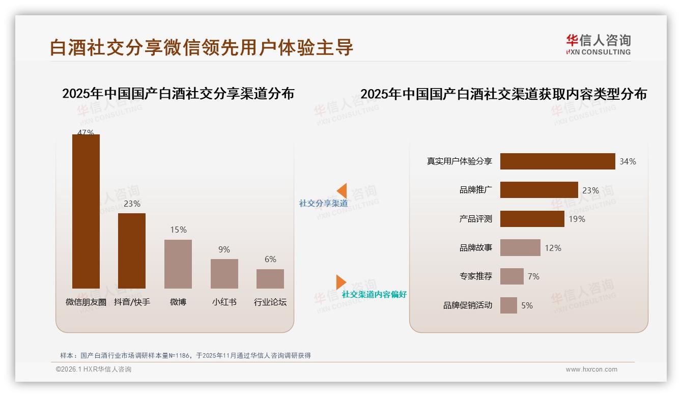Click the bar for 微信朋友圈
pyautogui.click(x=86, y=211)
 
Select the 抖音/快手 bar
pyautogui.click(x=132, y=250)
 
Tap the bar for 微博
pyautogui.click(x=178, y=264)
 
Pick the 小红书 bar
pyautogui.click(x=224, y=274)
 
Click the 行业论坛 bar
pyautogui.click(x=270, y=279)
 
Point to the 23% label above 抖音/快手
pyautogui.click(x=132, y=204)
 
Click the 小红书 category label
pyautogui.click(x=224, y=302)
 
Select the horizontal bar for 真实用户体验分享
pyautogui.click(x=557, y=161)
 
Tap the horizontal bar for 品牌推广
pyautogui.click(x=539, y=190)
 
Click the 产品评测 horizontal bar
pyautogui.click(x=532, y=219)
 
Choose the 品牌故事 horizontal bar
pyautogui.click(x=520, y=248)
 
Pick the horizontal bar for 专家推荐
pyautogui.click(x=511, y=276)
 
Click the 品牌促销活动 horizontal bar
pyautogui.click(x=508, y=305)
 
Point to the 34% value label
pyautogui.click(x=628, y=161)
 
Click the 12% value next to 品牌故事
pyautogui.click(x=553, y=248)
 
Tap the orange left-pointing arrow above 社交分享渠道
pyautogui.click(x=342, y=191)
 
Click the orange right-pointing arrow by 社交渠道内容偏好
pyautogui.click(x=340, y=282)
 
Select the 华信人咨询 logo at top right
pyautogui.click(x=598, y=44)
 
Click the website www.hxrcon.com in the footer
pyautogui.click(x=591, y=370)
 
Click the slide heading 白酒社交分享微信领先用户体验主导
pyautogui.click(x=202, y=47)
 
